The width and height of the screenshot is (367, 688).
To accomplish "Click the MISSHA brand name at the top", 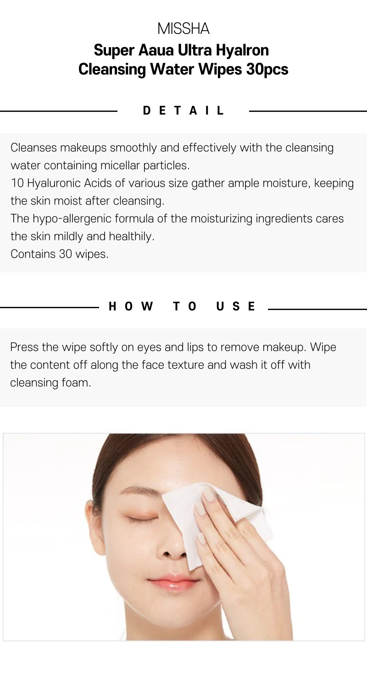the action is pos(183,28).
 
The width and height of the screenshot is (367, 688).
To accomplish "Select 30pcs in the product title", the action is pos(267,69).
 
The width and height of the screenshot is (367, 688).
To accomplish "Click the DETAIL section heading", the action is pos(183,111).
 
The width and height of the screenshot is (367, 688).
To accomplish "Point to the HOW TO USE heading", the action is pos(182,306).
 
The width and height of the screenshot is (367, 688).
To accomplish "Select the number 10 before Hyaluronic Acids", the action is pos(17,183).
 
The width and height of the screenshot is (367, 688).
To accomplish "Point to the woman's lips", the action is pos(173,582).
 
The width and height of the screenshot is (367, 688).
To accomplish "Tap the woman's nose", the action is pos(173,547).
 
